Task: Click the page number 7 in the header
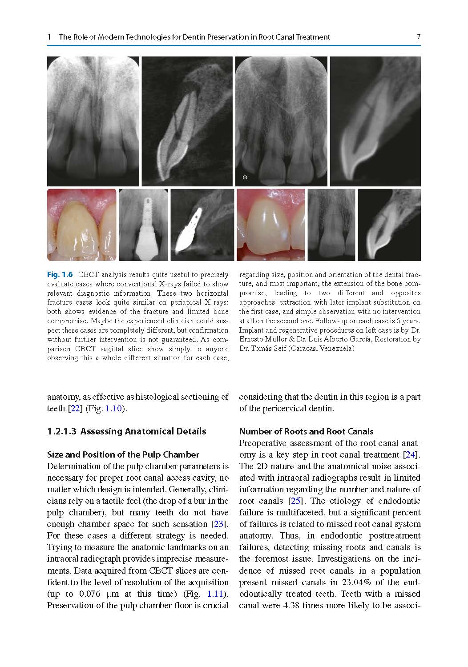pyautogui.click(x=418, y=37)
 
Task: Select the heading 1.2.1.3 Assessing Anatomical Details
pyautogui.click(x=126, y=431)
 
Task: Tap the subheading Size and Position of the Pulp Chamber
pyautogui.click(x=123, y=454)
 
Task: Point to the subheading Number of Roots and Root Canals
pyautogui.click(x=306, y=431)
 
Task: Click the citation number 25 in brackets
pyautogui.click(x=295, y=501)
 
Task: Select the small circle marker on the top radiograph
pyautogui.click(x=245, y=177)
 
